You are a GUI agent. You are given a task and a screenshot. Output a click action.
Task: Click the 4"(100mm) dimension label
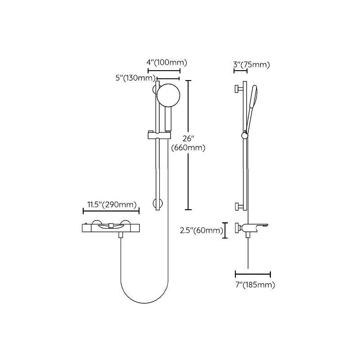click(x=166, y=63)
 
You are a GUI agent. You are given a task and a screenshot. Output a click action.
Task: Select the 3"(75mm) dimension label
click(x=252, y=65)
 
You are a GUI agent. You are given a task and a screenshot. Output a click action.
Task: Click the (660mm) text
click(x=188, y=148)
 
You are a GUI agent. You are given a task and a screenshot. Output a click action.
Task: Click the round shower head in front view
click(x=168, y=95)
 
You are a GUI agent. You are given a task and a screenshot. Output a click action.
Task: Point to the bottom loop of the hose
click(x=144, y=299)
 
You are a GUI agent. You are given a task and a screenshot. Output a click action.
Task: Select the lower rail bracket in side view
click(x=238, y=207)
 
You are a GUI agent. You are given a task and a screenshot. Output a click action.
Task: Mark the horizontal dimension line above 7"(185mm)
click(x=252, y=274)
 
